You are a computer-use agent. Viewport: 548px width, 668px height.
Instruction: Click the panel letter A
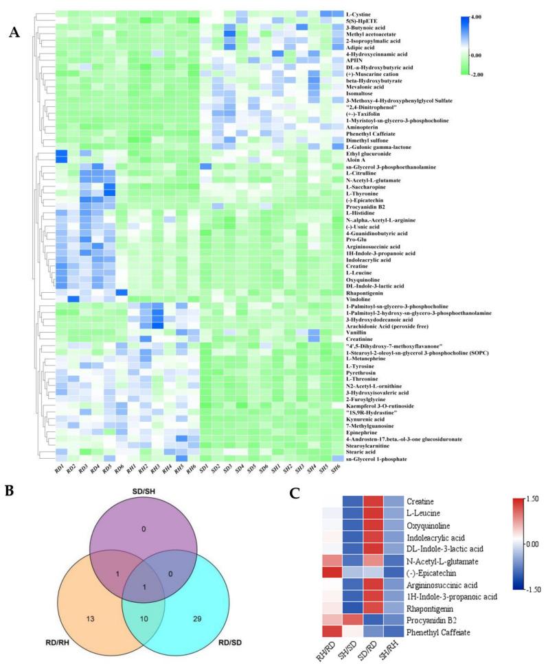pyautogui.click(x=14, y=32)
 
